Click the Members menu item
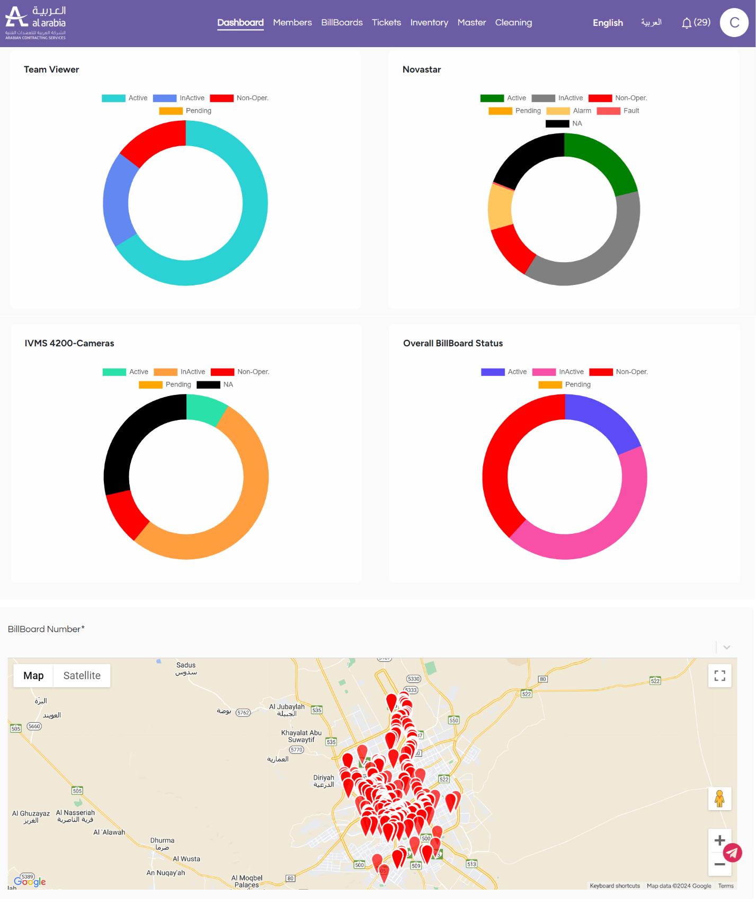pyautogui.click(x=292, y=23)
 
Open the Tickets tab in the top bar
pyautogui.click(x=386, y=23)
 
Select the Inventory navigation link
pyautogui.click(x=429, y=23)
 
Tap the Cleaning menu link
pyautogui.click(x=513, y=23)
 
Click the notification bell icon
pyautogui.click(x=687, y=23)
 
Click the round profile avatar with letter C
pyautogui.click(x=734, y=23)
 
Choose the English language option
pyautogui.click(x=608, y=23)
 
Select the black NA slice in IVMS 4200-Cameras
pyautogui.click(x=135, y=435)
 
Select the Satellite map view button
pyautogui.click(x=82, y=676)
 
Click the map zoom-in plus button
pyautogui.click(x=719, y=840)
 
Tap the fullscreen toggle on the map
pyautogui.click(x=719, y=676)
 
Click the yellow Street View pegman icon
pyautogui.click(x=719, y=799)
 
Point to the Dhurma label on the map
pyautogui.click(x=162, y=840)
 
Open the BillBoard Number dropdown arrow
pyautogui.click(x=727, y=647)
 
